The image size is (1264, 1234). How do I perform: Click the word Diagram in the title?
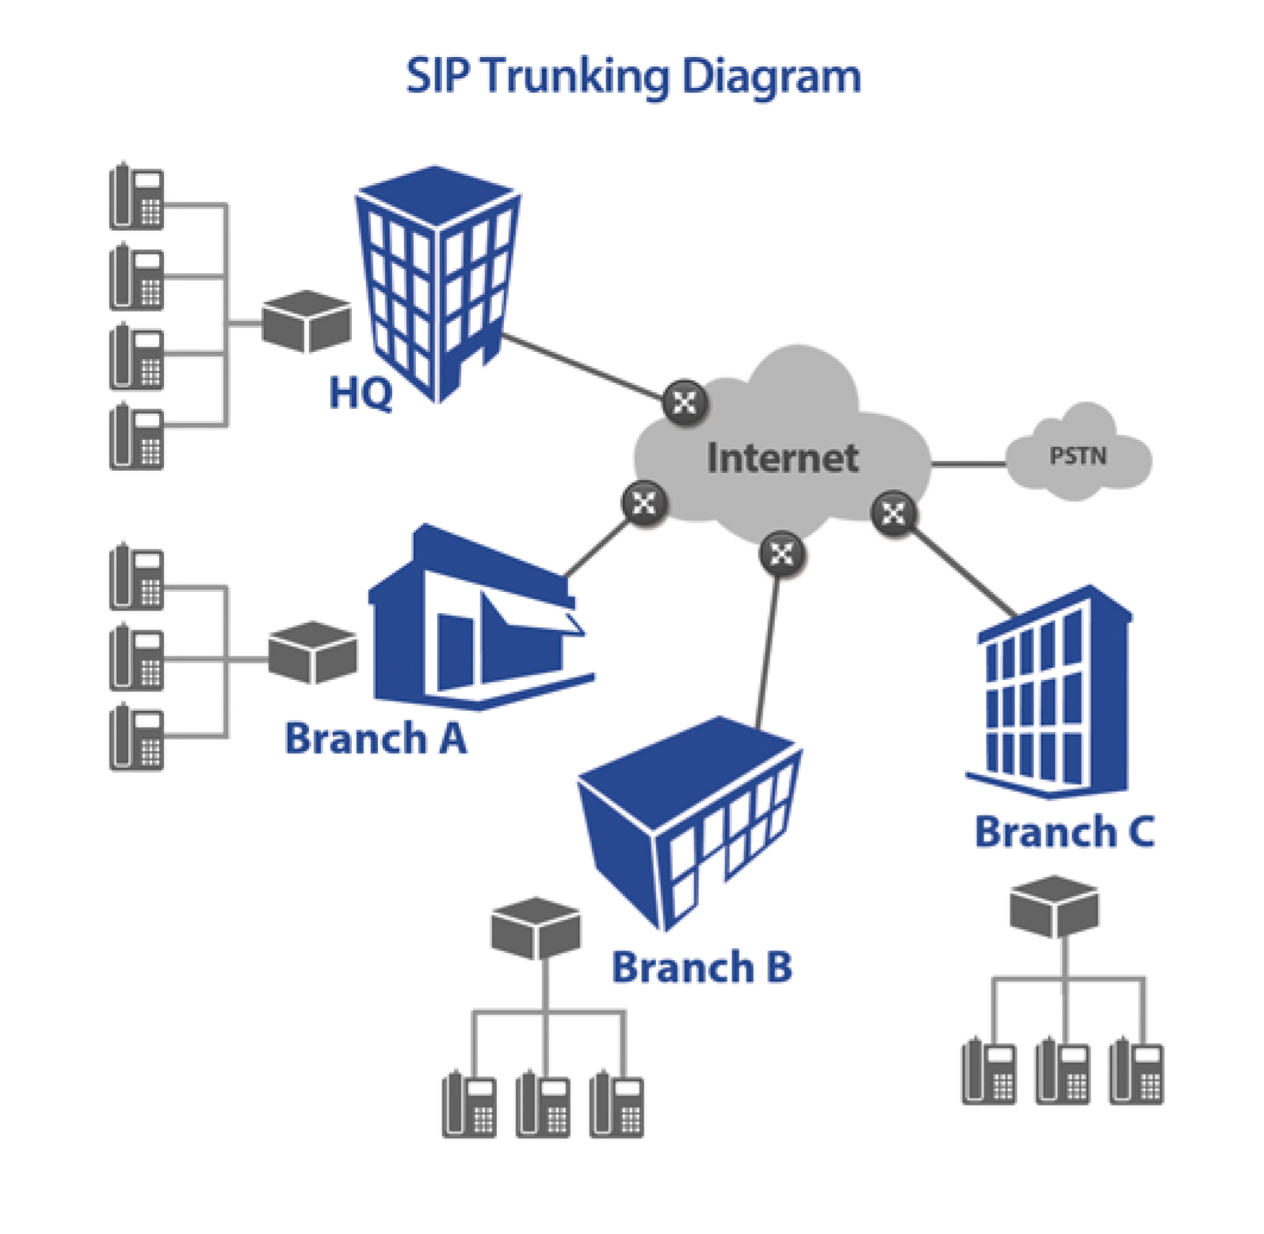[770, 77]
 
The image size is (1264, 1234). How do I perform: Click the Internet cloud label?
[782, 457]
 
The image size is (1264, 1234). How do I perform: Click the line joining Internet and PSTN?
[968, 463]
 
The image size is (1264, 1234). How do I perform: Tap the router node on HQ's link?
[684, 402]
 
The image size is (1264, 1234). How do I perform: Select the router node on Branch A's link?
[644, 502]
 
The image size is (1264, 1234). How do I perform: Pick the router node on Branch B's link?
[781, 552]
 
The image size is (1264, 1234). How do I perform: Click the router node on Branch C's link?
[893, 514]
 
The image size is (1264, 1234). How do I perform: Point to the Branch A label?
[376, 738]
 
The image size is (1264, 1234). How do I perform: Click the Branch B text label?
[701, 967]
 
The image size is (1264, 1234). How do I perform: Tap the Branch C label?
[1064, 831]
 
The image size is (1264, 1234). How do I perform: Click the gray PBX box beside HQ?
[307, 321]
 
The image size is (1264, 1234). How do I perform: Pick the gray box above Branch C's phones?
[1054, 905]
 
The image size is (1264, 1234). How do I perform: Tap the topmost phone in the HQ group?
[136, 197]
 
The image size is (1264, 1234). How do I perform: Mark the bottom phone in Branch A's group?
[136, 737]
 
